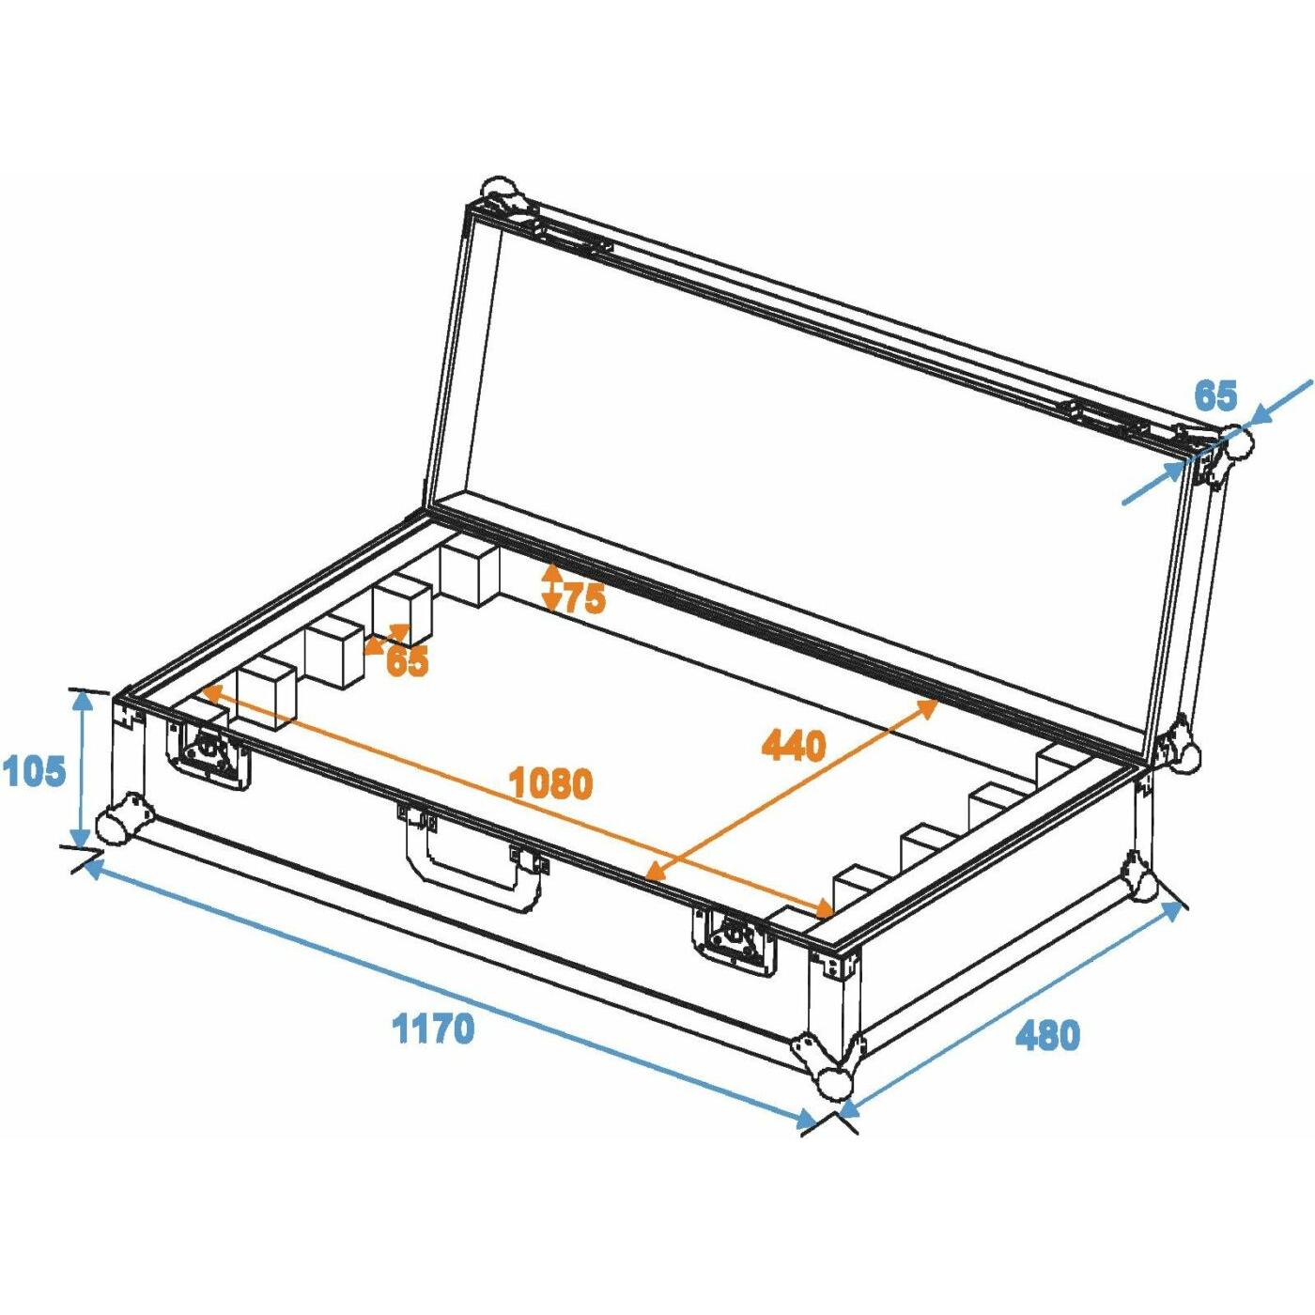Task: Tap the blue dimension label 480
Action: pyautogui.click(x=1048, y=1054)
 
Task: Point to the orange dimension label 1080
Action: pyautogui.click(x=551, y=783)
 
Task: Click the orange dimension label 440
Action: pyautogui.click(x=794, y=745)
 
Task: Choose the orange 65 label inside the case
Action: pyautogui.click(x=407, y=660)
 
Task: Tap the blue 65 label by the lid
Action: pyautogui.click(x=1215, y=395)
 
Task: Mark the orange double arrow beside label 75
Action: pyautogui.click(x=552, y=586)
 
